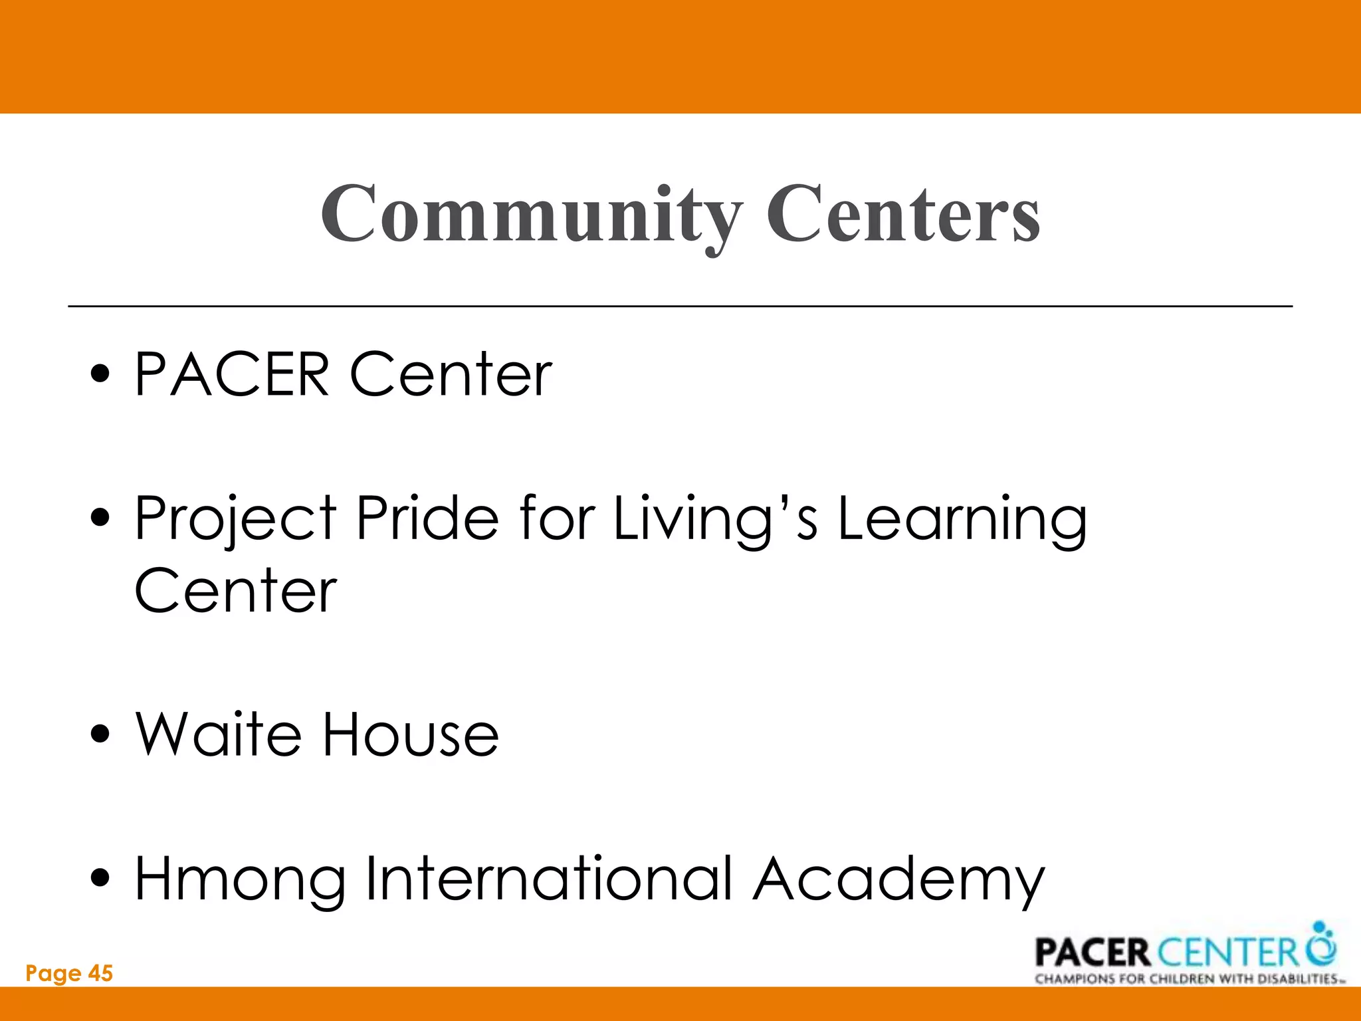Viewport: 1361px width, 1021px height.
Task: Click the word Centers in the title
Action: [904, 214]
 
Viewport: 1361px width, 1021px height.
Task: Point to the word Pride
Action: [427, 518]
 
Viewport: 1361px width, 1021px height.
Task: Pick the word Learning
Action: [962, 520]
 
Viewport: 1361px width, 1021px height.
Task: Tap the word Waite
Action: [218, 735]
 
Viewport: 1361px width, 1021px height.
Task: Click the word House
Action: [410, 735]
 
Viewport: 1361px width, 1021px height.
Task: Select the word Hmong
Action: [240, 880]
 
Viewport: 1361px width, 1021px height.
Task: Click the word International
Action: [549, 879]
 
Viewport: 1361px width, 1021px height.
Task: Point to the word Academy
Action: [898, 880]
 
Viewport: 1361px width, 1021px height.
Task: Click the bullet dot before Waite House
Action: [100, 735]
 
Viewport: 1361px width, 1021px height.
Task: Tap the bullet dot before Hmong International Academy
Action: [100, 879]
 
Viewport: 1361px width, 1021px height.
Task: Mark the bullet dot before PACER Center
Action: [100, 375]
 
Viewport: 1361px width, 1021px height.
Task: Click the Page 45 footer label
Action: [69, 974]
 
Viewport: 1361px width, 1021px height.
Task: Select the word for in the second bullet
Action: [557, 518]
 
